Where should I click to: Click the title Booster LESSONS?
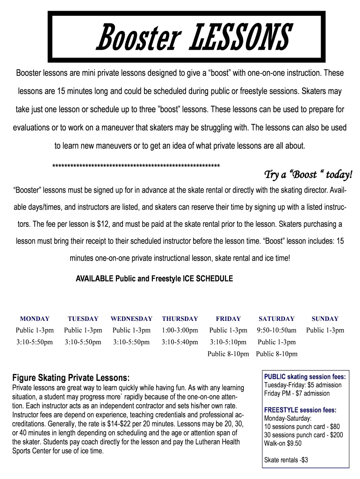194,37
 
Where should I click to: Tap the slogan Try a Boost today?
308,174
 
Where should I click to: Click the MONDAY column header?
35,319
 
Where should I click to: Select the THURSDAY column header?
180,319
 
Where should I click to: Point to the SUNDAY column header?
325,319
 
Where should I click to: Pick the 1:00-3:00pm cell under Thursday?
180,330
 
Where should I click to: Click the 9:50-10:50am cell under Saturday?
277,330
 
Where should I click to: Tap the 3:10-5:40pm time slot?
180,342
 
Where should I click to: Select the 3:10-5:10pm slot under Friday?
228,342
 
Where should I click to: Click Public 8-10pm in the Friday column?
228,354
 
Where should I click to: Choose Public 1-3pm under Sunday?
325,330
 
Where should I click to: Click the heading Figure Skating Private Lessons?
71,377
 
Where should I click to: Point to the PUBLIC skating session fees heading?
305,377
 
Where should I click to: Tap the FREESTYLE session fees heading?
300,410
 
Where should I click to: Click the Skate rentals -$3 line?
286,460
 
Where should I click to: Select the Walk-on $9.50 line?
283,443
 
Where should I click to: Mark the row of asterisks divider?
136,166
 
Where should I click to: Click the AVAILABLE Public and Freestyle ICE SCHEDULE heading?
154,279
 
